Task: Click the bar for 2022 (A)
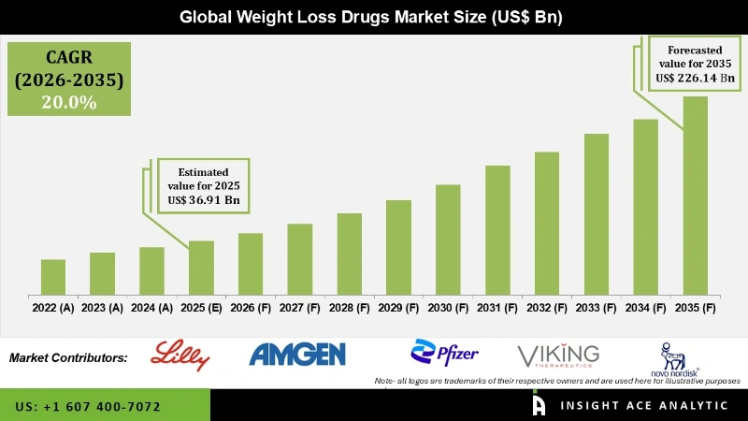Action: pos(53,277)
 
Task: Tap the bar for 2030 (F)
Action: pos(448,240)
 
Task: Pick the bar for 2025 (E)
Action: pos(201,268)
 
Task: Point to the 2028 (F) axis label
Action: pos(349,307)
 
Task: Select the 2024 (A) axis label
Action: pos(151,307)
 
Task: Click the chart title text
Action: pos(373,17)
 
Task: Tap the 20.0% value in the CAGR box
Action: pos(68,103)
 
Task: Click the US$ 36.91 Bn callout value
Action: pos(208,198)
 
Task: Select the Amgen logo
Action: pos(298,354)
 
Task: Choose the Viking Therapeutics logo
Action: pos(558,356)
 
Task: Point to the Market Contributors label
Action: pos(68,358)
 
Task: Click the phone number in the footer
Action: pos(88,407)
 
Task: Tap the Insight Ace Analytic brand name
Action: pos(644,406)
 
